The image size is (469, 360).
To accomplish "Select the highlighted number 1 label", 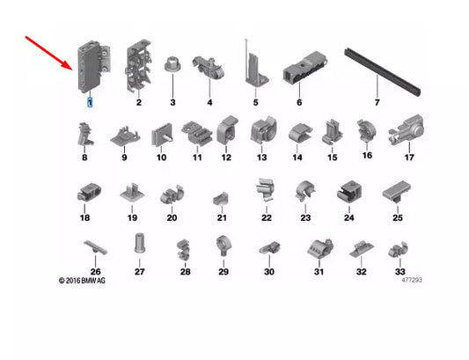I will [x=88, y=103].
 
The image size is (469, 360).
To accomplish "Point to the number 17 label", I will [x=408, y=158].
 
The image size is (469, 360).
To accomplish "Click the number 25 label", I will [x=398, y=217].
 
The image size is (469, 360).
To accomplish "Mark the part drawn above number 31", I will [x=319, y=249].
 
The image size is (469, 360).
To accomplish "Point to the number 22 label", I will [x=266, y=217].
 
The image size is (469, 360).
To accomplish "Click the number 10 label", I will [x=162, y=158].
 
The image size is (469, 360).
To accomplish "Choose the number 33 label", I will [x=399, y=272].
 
